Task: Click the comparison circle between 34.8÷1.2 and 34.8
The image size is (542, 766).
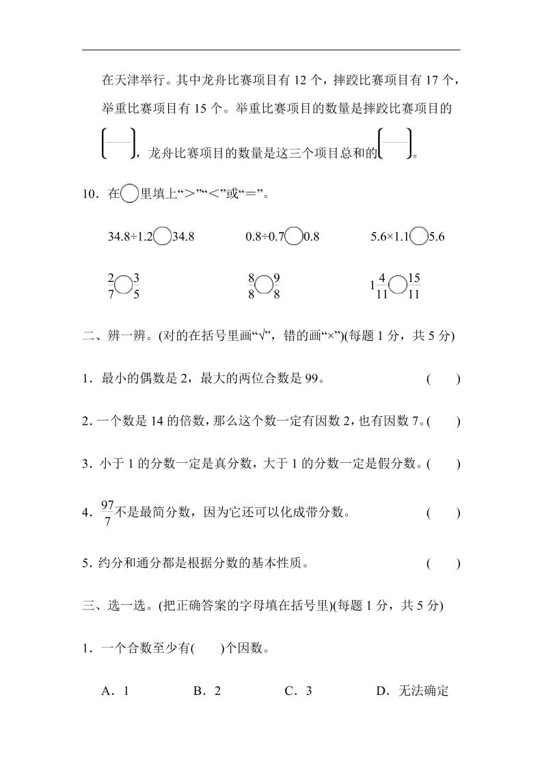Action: (163, 237)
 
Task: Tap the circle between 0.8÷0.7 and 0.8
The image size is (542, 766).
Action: (294, 237)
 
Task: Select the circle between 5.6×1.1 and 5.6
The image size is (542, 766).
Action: (420, 237)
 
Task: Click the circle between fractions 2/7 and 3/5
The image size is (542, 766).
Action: (124, 286)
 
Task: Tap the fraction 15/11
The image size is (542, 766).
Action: (413, 286)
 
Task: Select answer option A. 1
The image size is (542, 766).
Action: (116, 691)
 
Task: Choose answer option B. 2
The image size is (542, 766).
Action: (207, 691)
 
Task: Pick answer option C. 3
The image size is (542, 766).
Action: (298, 691)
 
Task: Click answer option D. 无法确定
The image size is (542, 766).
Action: (412, 691)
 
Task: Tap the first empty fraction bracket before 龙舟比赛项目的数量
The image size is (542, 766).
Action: (118, 144)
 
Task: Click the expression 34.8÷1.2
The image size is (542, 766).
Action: (130, 237)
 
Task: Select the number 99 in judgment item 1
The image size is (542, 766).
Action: (312, 380)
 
